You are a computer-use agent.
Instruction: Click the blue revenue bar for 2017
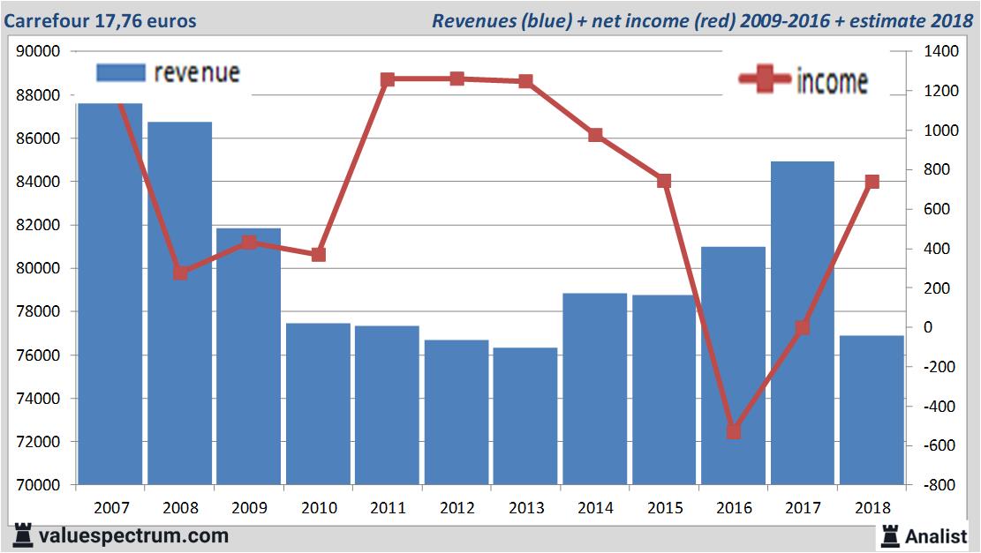coord(802,323)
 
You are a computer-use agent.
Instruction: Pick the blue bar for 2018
coord(872,410)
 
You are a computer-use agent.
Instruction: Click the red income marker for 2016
coord(733,431)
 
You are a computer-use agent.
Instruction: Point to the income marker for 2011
coord(388,79)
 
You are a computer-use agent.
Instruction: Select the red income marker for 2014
coord(595,135)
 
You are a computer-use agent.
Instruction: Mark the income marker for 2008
coord(180,273)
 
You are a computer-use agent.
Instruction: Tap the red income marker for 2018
coord(872,182)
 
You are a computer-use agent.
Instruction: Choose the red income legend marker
coord(764,79)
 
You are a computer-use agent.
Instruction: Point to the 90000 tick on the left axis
coord(39,51)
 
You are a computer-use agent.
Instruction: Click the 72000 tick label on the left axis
coord(39,442)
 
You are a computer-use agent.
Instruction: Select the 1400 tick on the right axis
coord(941,51)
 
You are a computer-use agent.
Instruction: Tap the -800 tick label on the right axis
coord(939,485)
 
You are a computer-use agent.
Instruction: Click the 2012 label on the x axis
coord(457,508)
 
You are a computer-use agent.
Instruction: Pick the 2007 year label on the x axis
coord(111,508)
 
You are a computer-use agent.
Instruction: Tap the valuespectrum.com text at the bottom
coord(133,535)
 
